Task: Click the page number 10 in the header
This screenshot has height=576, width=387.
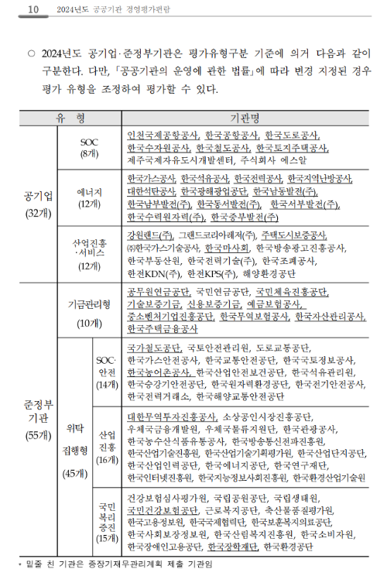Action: coord(33,9)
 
